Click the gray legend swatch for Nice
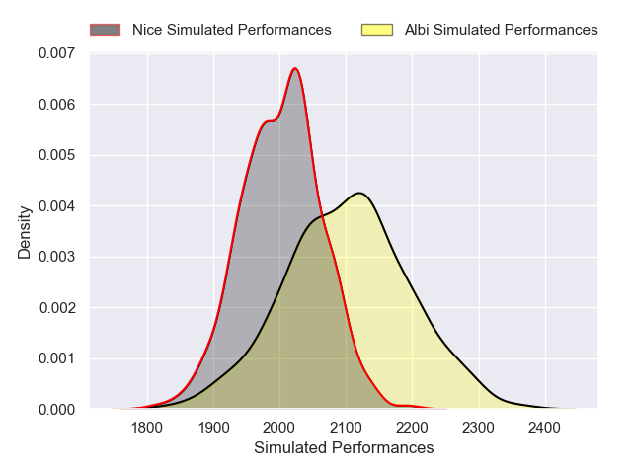[105, 30]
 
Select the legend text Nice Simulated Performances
[232, 30]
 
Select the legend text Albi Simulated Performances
[502, 30]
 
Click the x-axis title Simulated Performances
[344, 448]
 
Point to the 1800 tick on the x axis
[147, 427]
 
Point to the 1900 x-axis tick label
[213, 427]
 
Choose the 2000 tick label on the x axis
[279, 427]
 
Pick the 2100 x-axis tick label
[346, 427]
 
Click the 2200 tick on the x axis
[412, 427]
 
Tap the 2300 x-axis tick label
[478, 427]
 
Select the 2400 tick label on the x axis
[544, 427]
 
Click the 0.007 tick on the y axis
[56, 53]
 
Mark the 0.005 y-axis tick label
[56, 155]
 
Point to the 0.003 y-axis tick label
[56, 257]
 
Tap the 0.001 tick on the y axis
[56, 358]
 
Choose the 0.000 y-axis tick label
[56, 409]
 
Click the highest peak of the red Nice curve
[295, 68]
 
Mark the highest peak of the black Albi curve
[359, 193]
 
